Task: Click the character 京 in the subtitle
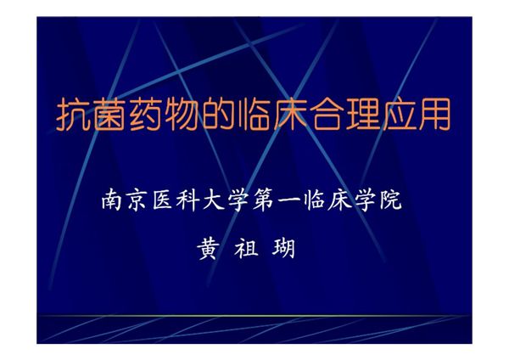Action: pos(141,202)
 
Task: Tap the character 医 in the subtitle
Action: pos(168,202)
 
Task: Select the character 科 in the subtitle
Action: pos(195,202)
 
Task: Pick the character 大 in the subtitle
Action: pos(222,202)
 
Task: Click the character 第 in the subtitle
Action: pos(277,202)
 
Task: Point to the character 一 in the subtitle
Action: pos(304,203)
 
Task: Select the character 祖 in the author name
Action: pos(246,248)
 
